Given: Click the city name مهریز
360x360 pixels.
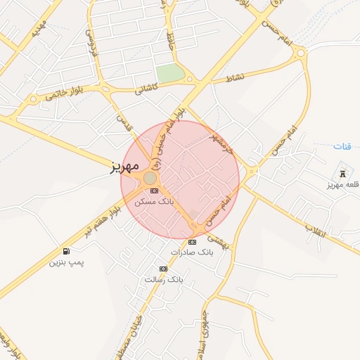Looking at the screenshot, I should (124, 167).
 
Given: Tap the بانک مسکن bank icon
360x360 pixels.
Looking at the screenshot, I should (154, 191).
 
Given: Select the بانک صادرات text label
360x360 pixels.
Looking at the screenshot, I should (191, 252).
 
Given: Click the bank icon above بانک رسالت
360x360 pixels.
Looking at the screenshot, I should (164, 269).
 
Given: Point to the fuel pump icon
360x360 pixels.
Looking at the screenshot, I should (66, 251).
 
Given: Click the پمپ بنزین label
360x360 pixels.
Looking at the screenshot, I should (66, 262).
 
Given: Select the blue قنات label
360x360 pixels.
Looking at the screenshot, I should (342, 146).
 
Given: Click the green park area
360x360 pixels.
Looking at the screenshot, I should (169, 72).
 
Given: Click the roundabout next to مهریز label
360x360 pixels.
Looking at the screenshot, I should (150, 179).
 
